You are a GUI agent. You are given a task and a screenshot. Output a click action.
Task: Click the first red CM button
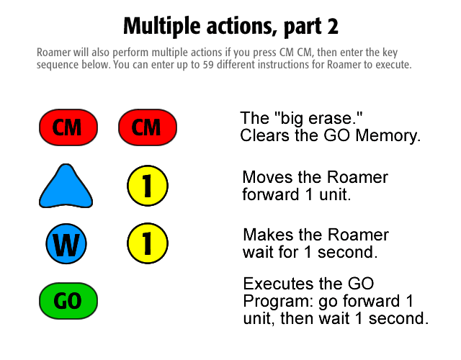tap(68, 127)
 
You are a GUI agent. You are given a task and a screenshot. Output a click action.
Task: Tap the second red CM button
tap(148, 127)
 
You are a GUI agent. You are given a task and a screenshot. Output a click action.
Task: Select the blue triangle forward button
tap(66, 186)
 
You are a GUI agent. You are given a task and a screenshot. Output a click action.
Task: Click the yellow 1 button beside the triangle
tap(148, 186)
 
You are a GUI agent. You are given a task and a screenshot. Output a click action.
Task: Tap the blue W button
tap(66, 243)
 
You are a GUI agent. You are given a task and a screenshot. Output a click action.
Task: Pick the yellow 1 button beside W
tap(148, 243)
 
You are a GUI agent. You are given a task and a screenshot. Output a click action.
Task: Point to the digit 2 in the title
tap(332, 27)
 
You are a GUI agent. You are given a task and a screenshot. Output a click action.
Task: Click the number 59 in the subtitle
tap(208, 65)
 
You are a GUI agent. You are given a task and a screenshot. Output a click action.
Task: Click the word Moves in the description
tap(267, 177)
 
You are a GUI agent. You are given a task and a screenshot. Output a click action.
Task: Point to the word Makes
tap(268, 235)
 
